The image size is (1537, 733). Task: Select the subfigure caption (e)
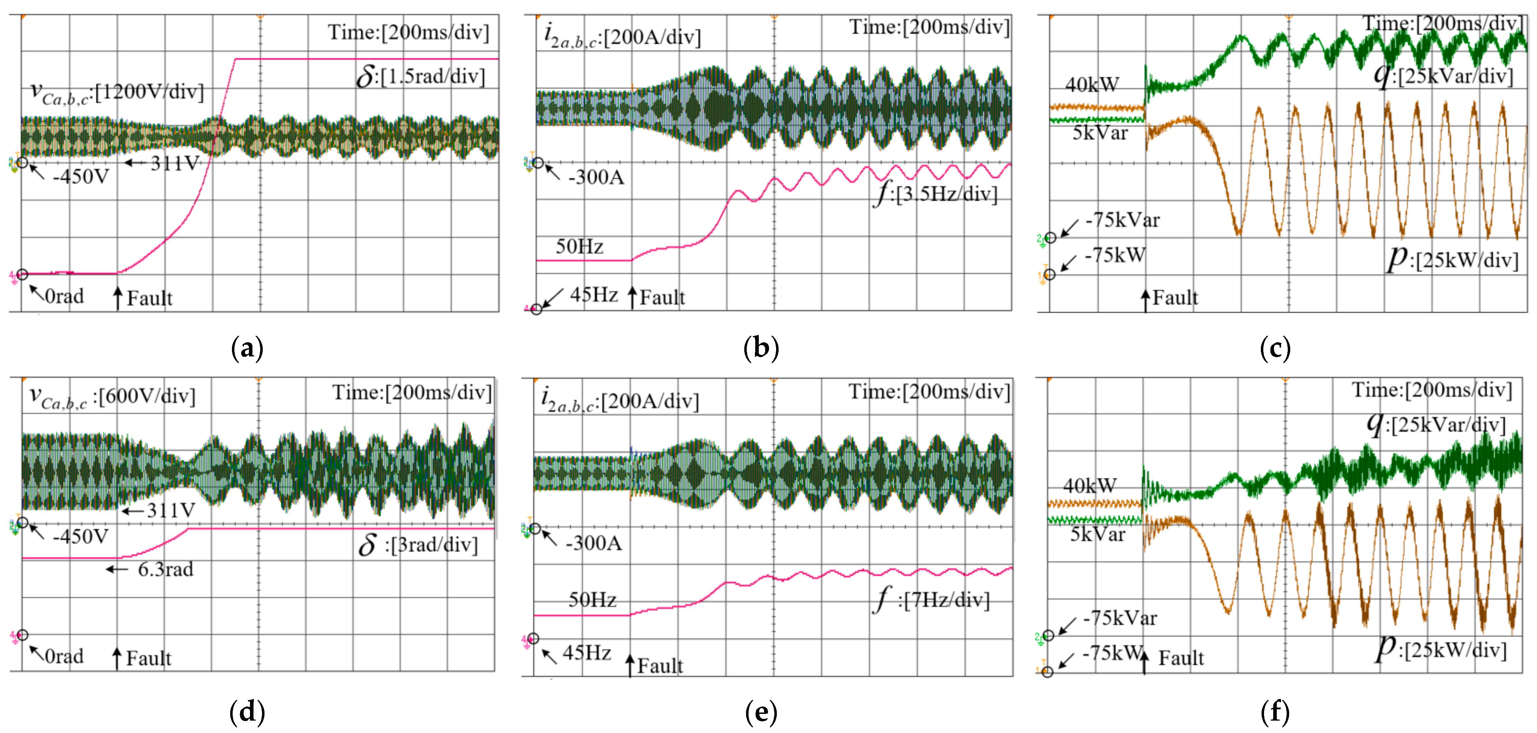(761, 712)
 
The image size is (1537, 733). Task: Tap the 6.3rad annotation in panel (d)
(165, 569)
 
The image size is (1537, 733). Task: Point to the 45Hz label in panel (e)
(587, 653)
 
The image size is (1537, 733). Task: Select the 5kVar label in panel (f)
(1097, 534)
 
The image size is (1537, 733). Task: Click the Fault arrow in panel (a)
(118, 297)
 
